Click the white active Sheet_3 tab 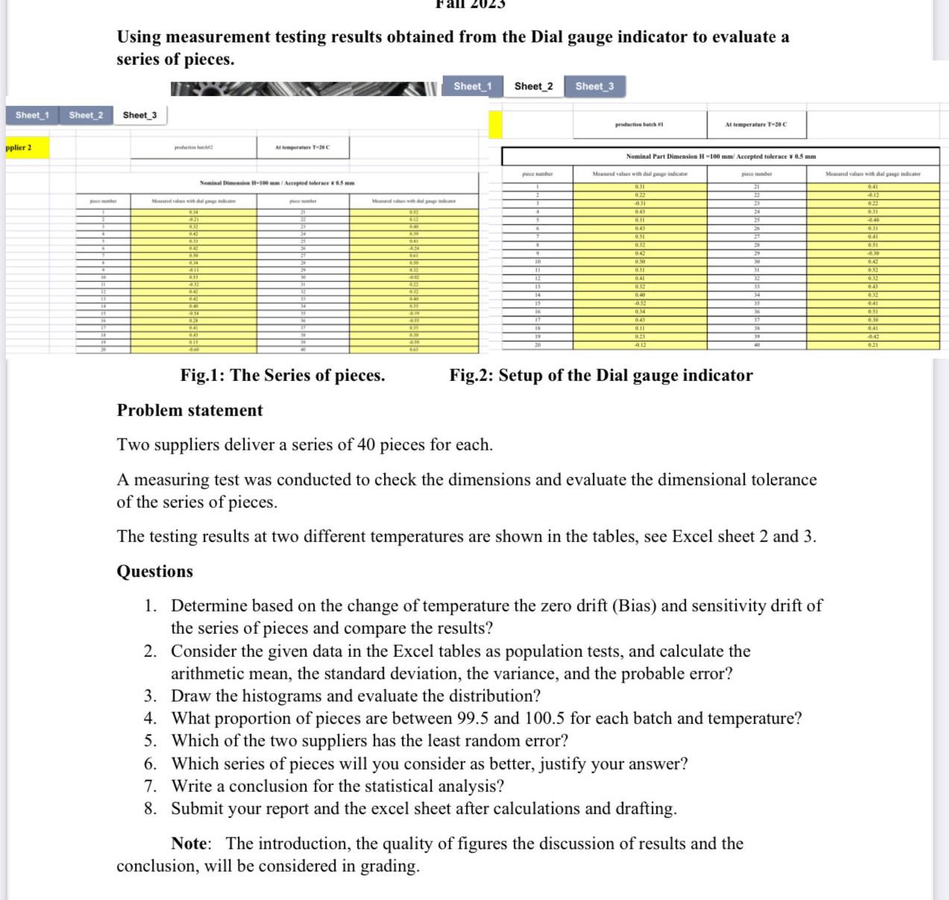pyautogui.click(x=140, y=115)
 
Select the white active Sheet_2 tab pyautogui.click(x=533, y=86)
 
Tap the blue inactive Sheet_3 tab pyautogui.click(x=594, y=86)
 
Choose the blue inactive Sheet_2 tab pyautogui.click(x=86, y=115)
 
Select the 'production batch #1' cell pyautogui.click(x=639, y=125)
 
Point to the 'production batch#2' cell pyautogui.click(x=193, y=148)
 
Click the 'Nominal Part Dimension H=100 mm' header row pyautogui.click(x=720, y=157)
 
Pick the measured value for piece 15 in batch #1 pyautogui.click(x=639, y=303)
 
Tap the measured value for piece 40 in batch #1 pyautogui.click(x=872, y=344)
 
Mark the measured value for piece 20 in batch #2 pyautogui.click(x=193, y=349)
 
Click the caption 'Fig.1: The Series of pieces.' pyautogui.click(x=283, y=375)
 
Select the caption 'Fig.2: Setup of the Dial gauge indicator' pyautogui.click(x=601, y=375)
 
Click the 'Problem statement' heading pyautogui.click(x=189, y=410)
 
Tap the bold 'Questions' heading pyautogui.click(x=154, y=571)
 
